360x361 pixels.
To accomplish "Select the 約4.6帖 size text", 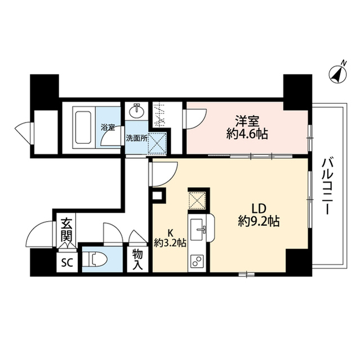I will [x=247, y=134].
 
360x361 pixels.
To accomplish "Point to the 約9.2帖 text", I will [x=258, y=221].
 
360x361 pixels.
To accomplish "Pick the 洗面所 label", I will [x=136, y=137].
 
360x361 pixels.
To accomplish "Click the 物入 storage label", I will [x=138, y=259].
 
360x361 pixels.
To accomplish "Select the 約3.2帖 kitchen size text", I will [x=170, y=243].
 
